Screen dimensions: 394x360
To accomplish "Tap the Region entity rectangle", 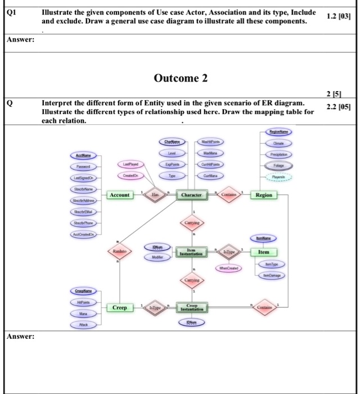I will pyautogui.click(x=264, y=195).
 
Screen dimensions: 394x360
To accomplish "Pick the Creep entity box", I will pyautogui.click(x=119, y=308).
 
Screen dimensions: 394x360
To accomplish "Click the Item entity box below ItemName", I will pyautogui.click(x=263, y=253).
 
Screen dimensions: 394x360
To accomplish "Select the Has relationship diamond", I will pyautogui.click(x=156, y=195).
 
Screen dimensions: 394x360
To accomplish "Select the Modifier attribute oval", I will pyautogui.click(x=156, y=256).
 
